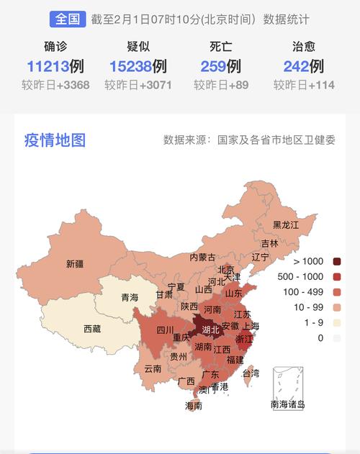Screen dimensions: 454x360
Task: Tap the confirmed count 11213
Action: click(x=48, y=67)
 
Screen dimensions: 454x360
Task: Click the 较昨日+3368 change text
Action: click(x=55, y=86)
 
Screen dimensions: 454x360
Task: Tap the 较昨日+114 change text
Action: click(x=304, y=86)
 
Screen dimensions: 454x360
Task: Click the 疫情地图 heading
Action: click(x=55, y=140)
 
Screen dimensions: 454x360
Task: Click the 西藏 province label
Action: click(x=92, y=329)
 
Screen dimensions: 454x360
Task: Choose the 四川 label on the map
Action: click(x=146, y=331)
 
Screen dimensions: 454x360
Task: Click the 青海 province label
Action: click(x=130, y=297)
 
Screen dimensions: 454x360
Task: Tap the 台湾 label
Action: click(x=251, y=373)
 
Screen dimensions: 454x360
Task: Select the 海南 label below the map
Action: click(x=194, y=406)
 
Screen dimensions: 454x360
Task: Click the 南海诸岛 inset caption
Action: click(x=288, y=404)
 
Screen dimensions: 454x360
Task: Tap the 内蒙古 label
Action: click(x=202, y=257)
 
